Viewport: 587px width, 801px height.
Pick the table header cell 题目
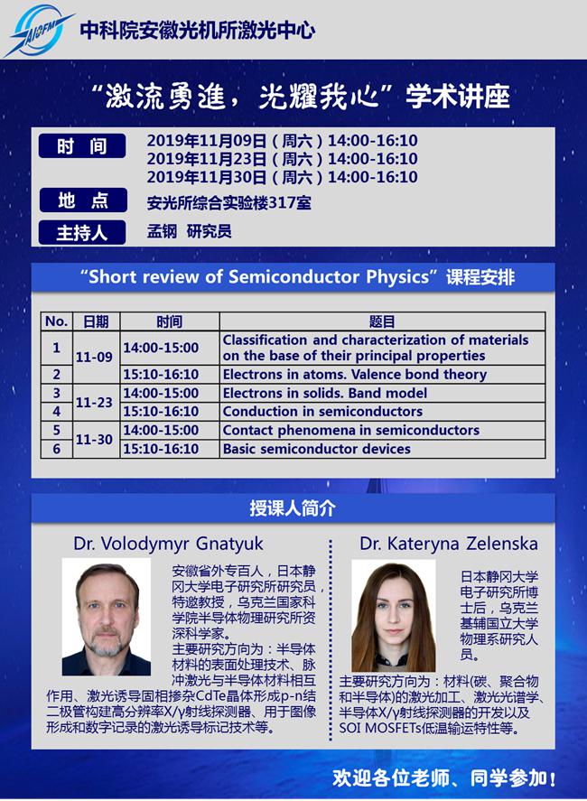click(x=382, y=321)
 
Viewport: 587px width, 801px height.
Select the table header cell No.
click(x=56, y=321)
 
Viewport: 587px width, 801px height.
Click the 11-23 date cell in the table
click(x=94, y=403)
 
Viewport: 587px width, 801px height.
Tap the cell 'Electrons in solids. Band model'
click(x=325, y=394)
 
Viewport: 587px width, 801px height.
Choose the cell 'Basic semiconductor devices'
click(x=316, y=449)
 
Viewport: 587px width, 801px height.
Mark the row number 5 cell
click(x=56, y=431)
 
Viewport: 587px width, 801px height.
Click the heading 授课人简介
click(x=293, y=508)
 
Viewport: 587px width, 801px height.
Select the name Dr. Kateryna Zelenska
click(x=448, y=544)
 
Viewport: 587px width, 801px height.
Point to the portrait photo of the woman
click(x=393, y=616)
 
